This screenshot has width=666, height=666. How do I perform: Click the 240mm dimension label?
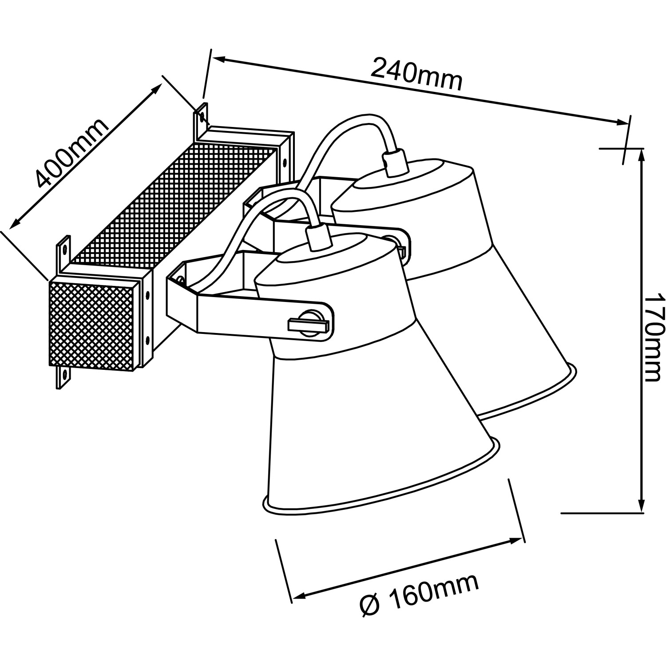pyautogui.click(x=416, y=74)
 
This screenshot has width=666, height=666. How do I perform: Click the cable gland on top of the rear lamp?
pyautogui.click(x=395, y=163)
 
